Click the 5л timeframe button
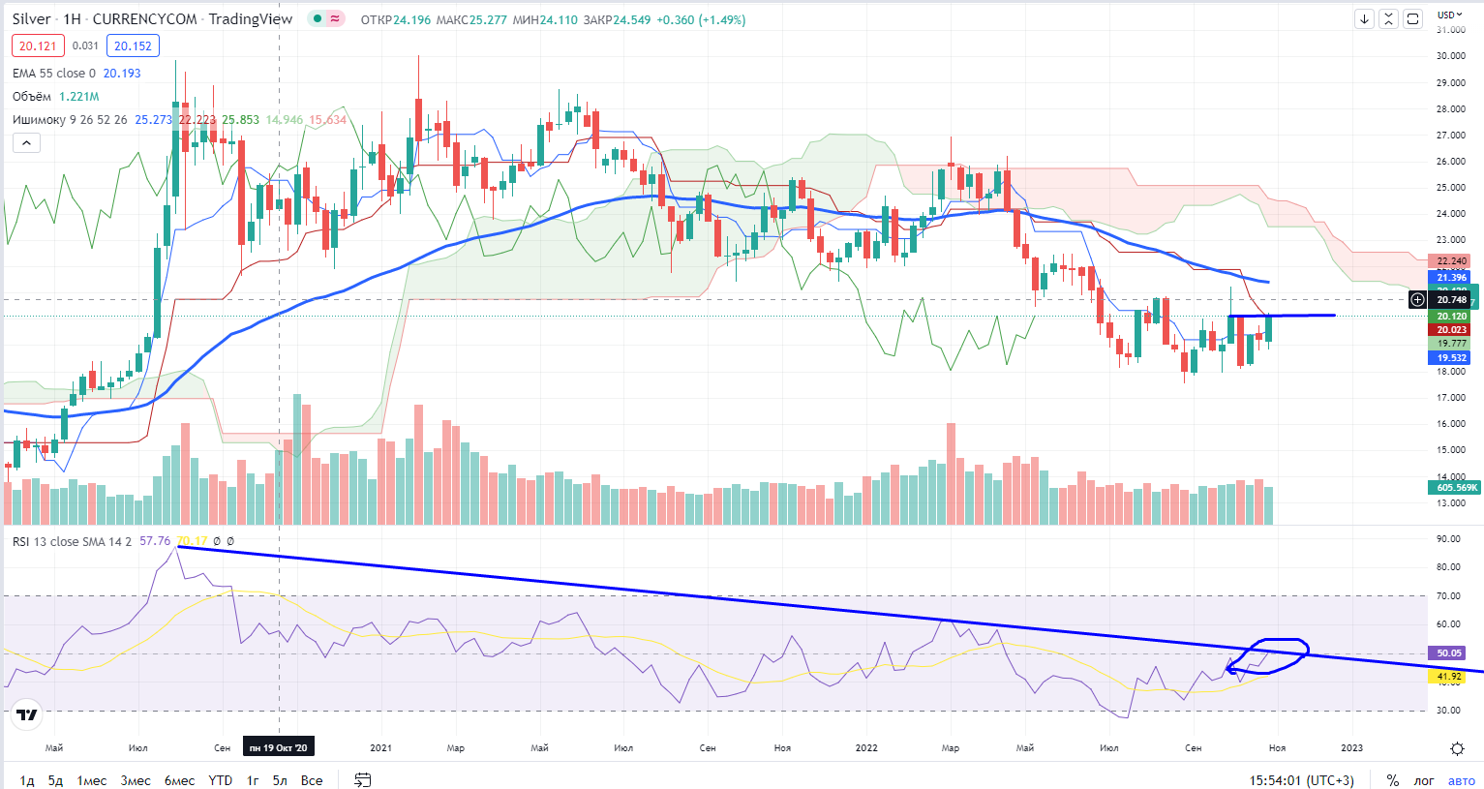click(279, 780)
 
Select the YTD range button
click(221, 780)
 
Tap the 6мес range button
click(179, 780)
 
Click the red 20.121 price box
click(38, 46)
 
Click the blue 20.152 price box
click(133, 46)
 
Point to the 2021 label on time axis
click(381, 747)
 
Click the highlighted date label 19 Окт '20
click(279, 747)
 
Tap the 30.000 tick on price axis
click(1451, 56)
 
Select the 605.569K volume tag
click(1457, 488)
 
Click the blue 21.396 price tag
click(1451, 278)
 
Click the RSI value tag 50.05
click(1449, 653)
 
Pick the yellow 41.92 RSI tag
click(1449, 677)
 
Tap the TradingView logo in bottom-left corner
click(27, 715)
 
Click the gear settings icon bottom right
click(1457, 748)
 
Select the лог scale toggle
click(1424, 780)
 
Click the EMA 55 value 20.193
click(122, 74)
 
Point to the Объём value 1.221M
click(79, 97)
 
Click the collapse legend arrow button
click(26, 143)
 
